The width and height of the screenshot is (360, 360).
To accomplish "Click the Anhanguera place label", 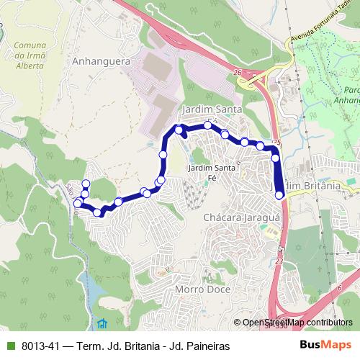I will pos(101,61).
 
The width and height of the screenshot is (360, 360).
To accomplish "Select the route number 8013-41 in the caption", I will pos(40,346).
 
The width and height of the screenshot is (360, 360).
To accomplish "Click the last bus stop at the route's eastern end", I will pos(279,194).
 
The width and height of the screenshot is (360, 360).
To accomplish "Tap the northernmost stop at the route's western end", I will pos(86,183).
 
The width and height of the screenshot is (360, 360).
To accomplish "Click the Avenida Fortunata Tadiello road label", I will pos(320,32).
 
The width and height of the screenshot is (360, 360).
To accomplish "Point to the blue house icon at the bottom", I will pos(102,322).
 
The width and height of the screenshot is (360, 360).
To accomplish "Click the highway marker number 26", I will pos(238,73).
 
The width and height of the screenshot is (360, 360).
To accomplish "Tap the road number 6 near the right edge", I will pos(338,287).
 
